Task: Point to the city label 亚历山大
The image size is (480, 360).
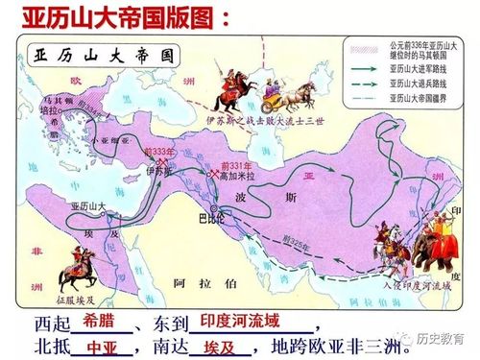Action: pyautogui.click(x=87, y=205)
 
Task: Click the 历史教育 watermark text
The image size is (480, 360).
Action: pyautogui.click(x=452, y=338)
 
